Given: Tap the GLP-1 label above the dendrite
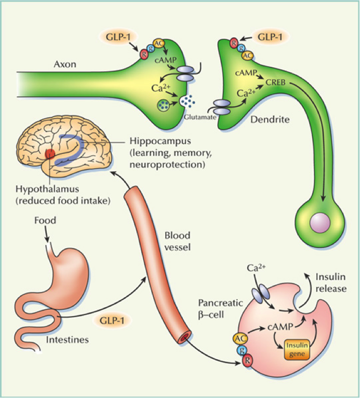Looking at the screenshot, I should pyautogui.click(x=269, y=37).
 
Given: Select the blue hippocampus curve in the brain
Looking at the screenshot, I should pyautogui.click(x=79, y=148).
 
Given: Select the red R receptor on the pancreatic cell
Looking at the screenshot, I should pyautogui.click(x=247, y=361).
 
